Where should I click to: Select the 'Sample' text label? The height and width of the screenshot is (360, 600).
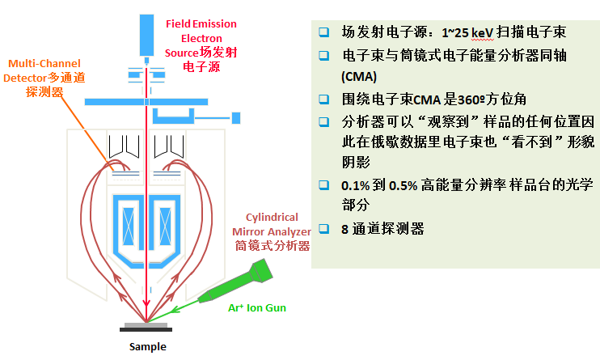tap(148, 347)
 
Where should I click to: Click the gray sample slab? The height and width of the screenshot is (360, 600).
tap(147, 325)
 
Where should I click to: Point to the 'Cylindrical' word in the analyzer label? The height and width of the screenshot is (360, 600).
tap(272, 217)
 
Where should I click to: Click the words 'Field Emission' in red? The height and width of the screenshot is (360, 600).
tap(201, 23)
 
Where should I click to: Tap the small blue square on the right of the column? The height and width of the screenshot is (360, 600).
tap(236, 118)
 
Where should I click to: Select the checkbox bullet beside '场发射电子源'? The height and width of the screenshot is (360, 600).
tap(324, 33)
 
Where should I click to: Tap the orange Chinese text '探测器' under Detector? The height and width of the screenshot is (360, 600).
tap(44, 91)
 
